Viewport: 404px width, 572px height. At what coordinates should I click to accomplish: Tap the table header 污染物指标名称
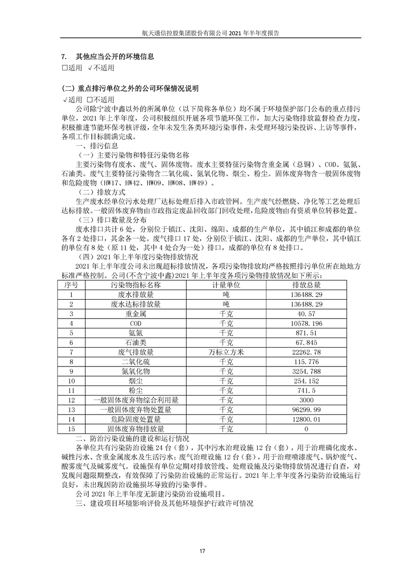135,284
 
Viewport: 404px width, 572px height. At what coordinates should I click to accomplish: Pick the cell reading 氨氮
135,333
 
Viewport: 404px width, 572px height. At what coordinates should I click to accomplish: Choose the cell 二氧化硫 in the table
135,362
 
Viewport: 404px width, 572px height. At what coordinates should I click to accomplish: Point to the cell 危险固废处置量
135,420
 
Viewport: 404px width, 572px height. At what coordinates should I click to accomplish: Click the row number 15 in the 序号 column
71,429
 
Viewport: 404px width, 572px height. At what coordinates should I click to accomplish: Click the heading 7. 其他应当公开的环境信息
107,57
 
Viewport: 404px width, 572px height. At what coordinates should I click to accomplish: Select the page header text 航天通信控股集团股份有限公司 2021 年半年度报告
202,33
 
